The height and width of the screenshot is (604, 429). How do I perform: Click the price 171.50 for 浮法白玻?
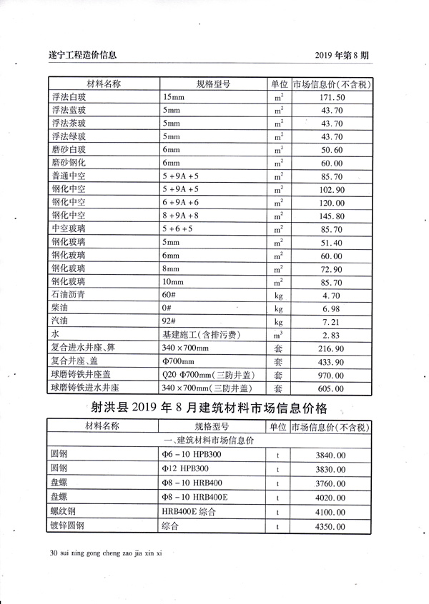tap(332, 97)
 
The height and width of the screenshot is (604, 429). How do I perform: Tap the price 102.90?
tap(332, 189)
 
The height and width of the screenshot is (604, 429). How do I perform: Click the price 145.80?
tap(332, 216)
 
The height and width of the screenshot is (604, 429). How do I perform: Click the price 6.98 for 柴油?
tap(332, 308)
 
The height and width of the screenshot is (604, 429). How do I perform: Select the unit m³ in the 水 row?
tap(278, 334)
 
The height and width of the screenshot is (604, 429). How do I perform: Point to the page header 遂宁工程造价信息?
tap(82, 54)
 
